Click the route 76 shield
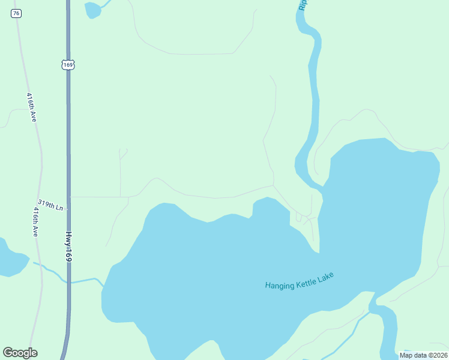16,13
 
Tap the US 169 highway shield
68,64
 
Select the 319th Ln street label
50,205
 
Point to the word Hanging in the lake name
279,285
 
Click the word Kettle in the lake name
306,280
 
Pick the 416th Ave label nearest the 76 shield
32,107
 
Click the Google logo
20,353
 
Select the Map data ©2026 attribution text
423,355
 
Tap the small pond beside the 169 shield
93,10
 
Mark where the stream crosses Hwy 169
68,281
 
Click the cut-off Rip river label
303,5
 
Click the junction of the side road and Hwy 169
70,196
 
